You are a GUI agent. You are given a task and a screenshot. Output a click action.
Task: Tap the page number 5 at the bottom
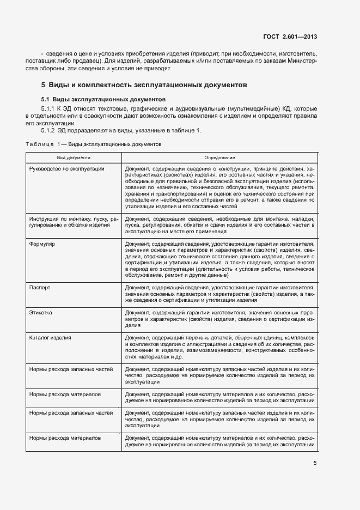tap(315, 464)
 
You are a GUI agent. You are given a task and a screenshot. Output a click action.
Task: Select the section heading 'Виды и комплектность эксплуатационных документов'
tap(148, 85)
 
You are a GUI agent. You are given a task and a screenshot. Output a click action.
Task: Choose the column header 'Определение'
tap(219, 157)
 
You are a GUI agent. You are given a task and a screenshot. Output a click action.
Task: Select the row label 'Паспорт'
tap(40, 287)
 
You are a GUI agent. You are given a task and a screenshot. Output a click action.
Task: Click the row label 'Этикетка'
tap(41, 312)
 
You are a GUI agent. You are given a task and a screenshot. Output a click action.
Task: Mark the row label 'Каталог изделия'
tap(50, 338)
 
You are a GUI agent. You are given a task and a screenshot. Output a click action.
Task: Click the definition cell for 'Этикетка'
tap(219, 318)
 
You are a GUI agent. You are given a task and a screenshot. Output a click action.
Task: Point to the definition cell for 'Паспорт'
tap(219, 293)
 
